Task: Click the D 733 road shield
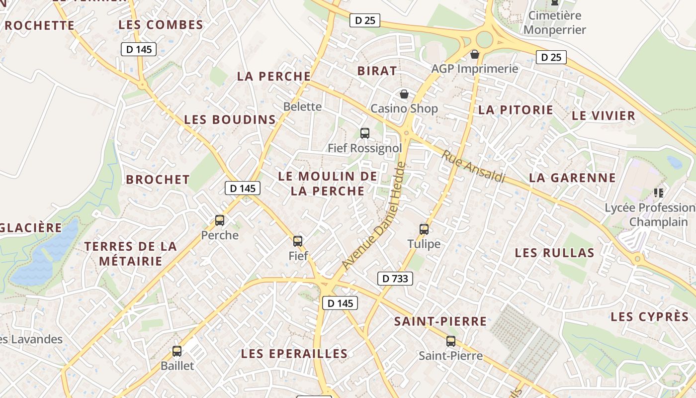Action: coord(395,279)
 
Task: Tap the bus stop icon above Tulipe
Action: coord(424,229)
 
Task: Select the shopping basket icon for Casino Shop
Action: coord(404,94)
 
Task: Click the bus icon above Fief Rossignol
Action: coord(365,133)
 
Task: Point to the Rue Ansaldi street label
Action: coord(473,167)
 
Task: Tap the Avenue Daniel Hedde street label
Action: coord(374,216)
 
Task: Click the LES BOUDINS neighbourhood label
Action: coord(230,119)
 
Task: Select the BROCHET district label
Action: coord(158,180)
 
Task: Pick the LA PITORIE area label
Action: coord(516,110)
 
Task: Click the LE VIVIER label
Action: coord(604,116)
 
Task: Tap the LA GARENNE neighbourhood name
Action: coord(572,178)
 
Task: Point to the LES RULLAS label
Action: coord(554,253)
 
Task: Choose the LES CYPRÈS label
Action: coord(650,317)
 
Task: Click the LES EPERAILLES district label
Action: coord(294,354)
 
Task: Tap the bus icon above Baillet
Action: coord(177,351)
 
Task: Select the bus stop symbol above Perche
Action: coord(220,220)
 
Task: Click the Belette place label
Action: coord(302,106)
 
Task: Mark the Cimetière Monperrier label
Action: coord(555,22)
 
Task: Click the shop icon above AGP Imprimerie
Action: coord(475,54)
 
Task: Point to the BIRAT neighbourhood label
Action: coord(377,71)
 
